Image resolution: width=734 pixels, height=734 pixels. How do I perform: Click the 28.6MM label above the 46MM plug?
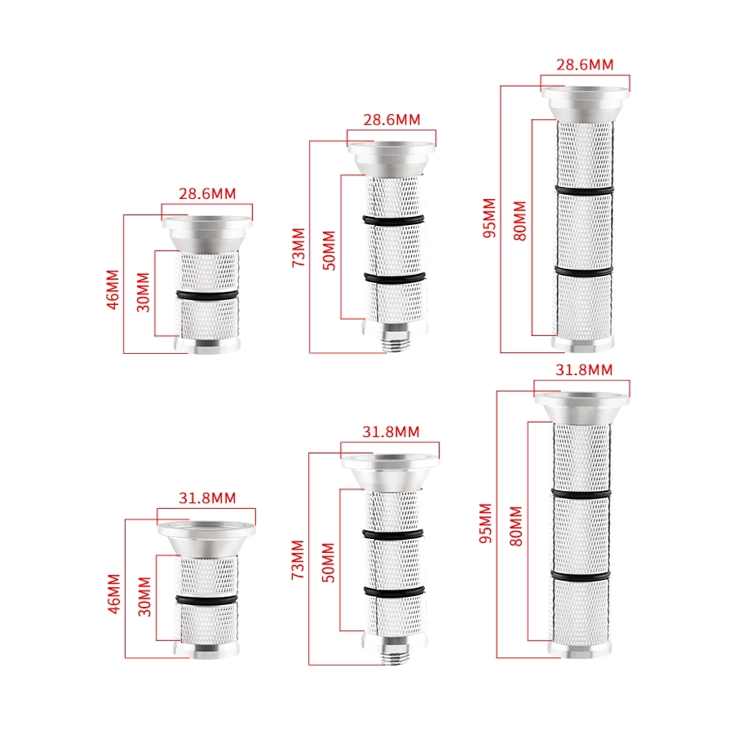[207, 194]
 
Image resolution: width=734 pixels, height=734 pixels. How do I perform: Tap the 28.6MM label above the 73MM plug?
[391, 120]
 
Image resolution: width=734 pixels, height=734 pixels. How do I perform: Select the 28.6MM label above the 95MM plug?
[585, 64]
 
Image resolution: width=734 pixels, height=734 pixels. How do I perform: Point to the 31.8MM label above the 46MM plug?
[207, 498]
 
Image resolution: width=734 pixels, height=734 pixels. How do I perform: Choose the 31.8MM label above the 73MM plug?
[391, 431]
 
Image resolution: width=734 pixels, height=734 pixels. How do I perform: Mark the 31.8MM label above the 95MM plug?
[584, 370]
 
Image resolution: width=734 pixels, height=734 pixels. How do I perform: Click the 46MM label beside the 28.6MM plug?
[113, 290]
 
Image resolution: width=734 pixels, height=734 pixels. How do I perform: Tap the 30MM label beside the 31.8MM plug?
[144, 596]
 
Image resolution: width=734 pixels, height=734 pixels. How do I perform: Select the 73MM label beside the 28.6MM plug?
[298, 248]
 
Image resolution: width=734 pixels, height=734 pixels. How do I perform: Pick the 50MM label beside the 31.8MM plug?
[329, 563]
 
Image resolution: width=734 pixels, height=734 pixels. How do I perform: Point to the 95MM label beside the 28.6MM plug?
[489, 218]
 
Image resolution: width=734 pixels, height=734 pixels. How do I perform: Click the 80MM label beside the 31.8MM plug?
[515, 526]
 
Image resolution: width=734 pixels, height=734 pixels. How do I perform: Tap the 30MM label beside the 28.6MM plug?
[143, 293]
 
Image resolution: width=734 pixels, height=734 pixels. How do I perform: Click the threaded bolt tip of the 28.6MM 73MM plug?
[396, 343]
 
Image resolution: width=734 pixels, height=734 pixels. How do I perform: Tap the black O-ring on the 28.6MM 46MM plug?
[207, 295]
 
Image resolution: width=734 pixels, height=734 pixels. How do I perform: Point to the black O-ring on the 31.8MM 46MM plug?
[207, 599]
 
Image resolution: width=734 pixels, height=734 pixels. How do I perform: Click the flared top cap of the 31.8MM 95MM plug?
[581, 407]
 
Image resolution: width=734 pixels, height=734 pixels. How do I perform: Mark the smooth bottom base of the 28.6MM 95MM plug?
[583, 343]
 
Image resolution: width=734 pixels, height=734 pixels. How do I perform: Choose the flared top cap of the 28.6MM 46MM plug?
[207, 233]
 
